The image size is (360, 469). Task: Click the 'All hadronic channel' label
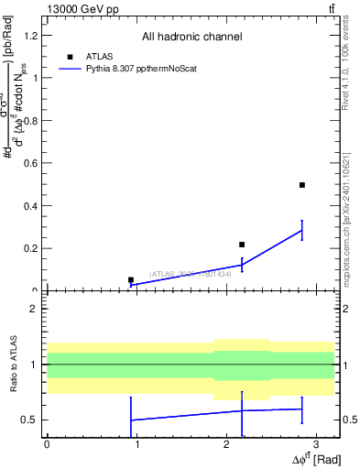pyautogui.click(x=191, y=37)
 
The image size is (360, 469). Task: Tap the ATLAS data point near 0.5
pyautogui.click(x=301, y=185)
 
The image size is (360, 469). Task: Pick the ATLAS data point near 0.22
pyautogui.click(x=242, y=245)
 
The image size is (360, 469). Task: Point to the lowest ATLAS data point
pyautogui.click(x=131, y=279)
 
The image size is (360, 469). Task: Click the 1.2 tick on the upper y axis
pyautogui.click(x=31, y=35)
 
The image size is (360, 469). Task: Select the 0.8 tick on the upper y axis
pyautogui.click(x=31, y=120)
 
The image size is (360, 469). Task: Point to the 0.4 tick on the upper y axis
pyautogui.click(x=31, y=205)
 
